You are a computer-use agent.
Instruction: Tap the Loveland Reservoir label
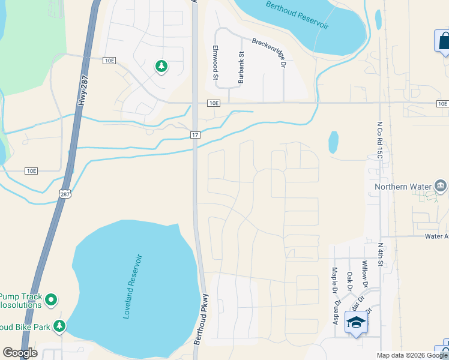[134, 286]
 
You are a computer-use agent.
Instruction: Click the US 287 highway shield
[65, 193]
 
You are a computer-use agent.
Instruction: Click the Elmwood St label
[215, 61]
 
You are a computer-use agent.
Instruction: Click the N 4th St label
[381, 254]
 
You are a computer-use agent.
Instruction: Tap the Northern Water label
[403, 187]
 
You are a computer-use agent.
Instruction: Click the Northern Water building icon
[441, 186]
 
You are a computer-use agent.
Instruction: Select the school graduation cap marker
[356, 323]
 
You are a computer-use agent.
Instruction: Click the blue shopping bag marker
[443, 41]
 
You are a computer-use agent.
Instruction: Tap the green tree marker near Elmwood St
[161, 66]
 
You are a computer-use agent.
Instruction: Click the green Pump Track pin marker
[51, 298]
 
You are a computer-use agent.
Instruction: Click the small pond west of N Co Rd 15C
[333, 142]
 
